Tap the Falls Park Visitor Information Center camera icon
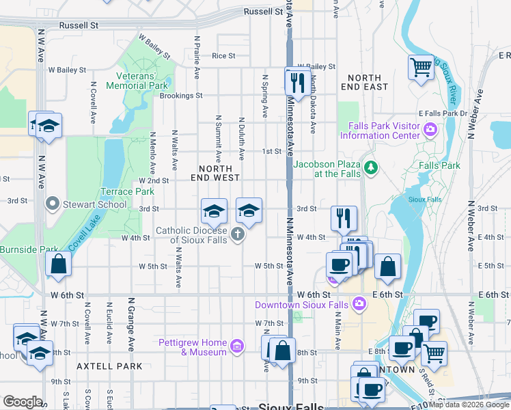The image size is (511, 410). [x=430, y=128]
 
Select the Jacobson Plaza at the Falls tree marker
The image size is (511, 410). [x=371, y=167]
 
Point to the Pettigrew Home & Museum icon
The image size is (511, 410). [x=236, y=347]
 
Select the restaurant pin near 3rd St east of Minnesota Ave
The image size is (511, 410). [x=344, y=218]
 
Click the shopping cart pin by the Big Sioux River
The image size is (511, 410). [x=422, y=67]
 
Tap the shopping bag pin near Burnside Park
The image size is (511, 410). [x=59, y=263]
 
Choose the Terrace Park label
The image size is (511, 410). [x=127, y=191]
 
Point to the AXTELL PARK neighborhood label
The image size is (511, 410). [x=109, y=366]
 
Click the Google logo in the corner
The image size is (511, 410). [x=23, y=402]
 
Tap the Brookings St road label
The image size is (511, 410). [x=181, y=96]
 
